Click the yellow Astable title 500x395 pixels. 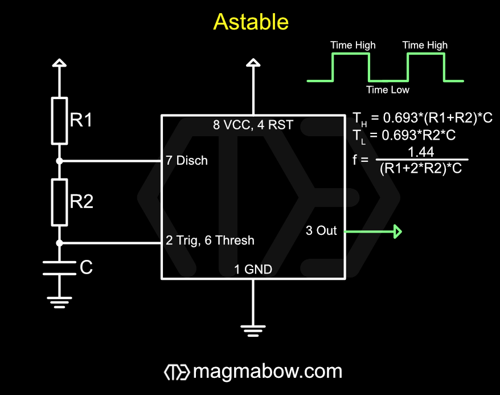click(x=251, y=22)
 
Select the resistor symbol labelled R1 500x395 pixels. click(x=59, y=121)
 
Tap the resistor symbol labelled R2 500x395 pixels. click(x=59, y=202)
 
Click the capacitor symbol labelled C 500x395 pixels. click(x=59, y=268)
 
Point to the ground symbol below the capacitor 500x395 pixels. click(x=59, y=302)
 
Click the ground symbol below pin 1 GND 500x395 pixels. click(x=253, y=331)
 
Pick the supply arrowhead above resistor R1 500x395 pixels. click(x=59, y=63)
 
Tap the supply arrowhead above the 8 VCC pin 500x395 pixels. click(x=253, y=63)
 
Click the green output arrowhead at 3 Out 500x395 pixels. click(x=397, y=231)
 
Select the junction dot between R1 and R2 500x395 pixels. click(x=59, y=161)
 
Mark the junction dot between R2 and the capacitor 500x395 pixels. click(x=59, y=243)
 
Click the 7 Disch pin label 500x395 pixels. click(x=187, y=161)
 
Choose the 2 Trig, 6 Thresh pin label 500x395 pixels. click(x=210, y=241)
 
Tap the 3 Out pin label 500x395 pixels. click(x=321, y=230)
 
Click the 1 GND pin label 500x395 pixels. click(x=253, y=269)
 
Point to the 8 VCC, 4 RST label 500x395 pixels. click(x=253, y=125)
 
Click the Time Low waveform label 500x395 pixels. click(x=387, y=89)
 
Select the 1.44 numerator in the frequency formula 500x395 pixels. click(x=421, y=152)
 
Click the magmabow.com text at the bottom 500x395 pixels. click(x=268, y=372)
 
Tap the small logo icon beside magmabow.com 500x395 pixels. click(x=177, y=372)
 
